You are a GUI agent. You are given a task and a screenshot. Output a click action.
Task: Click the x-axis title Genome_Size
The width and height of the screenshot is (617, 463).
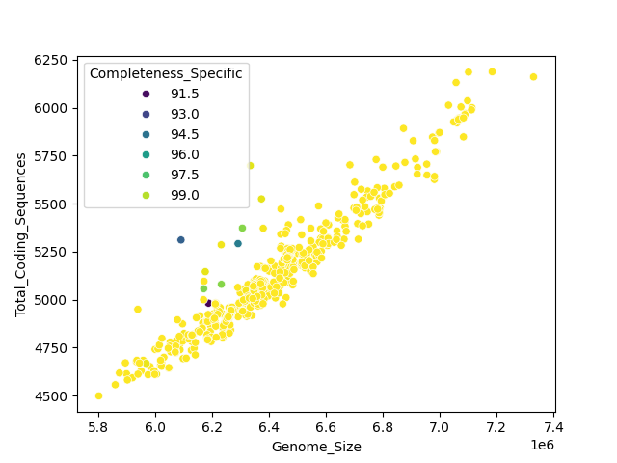316,447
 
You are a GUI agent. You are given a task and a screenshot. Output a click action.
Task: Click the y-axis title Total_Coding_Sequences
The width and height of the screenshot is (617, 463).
20,234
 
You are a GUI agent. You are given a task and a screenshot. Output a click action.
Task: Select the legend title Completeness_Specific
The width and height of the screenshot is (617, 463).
166,73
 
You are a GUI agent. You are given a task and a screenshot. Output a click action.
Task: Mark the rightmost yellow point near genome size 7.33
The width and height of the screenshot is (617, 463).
533,77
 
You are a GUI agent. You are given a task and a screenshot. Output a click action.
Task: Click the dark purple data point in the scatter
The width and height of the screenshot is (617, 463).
208,303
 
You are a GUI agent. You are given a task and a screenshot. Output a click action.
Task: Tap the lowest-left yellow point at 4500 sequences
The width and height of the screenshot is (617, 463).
98,395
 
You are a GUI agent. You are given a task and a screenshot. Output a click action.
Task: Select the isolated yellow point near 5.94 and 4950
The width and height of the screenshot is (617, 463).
138,310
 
